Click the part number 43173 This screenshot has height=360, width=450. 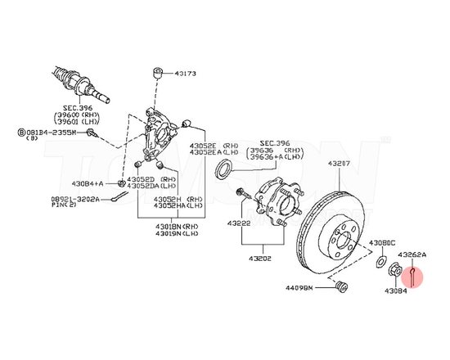click(185, 74)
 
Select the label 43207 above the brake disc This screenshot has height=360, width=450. click(340, 164)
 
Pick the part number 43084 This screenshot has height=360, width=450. click(396, 290)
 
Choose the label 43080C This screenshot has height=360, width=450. click(382, 244)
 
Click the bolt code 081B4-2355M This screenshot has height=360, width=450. click(50, 131)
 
